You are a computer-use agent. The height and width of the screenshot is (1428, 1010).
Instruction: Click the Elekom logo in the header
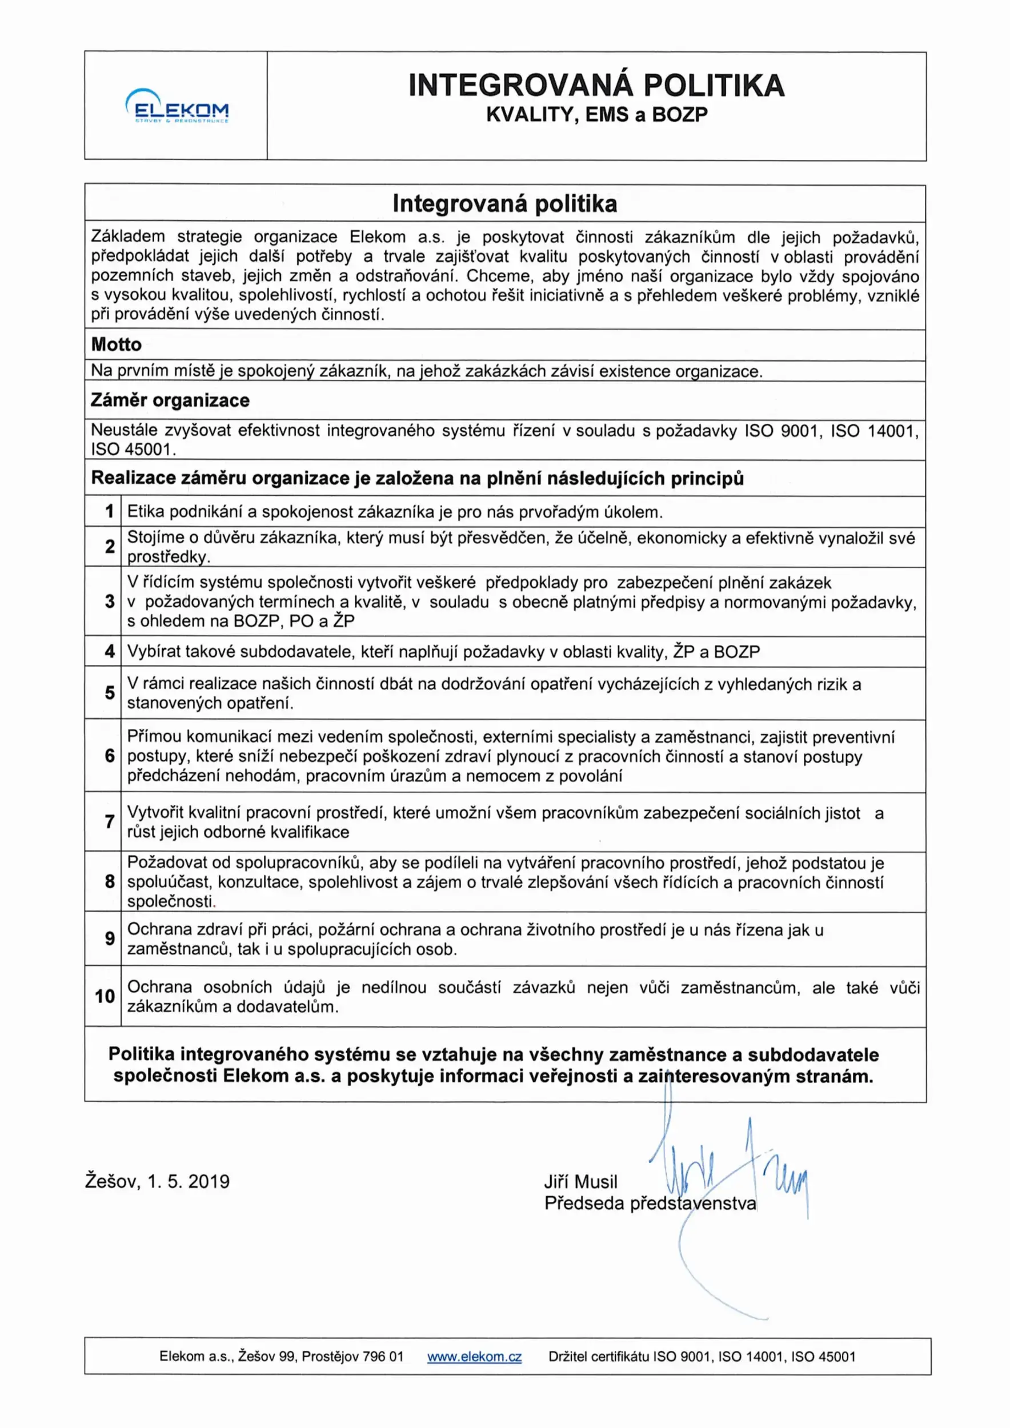(177, 106)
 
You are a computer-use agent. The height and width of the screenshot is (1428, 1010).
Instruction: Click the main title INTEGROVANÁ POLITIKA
(596, 85)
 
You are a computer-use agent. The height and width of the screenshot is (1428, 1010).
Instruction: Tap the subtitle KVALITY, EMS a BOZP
(596, 115)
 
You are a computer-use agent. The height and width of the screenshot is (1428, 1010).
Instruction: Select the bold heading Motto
(117, 344)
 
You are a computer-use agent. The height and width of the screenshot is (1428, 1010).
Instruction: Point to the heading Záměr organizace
(170, 400)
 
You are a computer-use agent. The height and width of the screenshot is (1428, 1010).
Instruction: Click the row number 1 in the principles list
(110, 511)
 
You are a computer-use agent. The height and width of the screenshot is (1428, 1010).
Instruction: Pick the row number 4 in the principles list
(110, 651)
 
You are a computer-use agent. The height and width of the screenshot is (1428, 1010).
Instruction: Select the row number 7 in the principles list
(110, 821)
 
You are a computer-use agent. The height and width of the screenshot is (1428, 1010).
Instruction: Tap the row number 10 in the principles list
(105, 996)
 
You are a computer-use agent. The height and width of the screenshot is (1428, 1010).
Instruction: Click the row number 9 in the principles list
(110, 938)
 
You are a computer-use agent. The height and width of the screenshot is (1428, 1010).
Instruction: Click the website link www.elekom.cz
(474, 1357)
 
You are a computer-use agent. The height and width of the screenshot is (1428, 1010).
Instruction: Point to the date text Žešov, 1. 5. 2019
(157, 1182)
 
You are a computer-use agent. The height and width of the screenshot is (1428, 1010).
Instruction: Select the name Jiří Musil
(580, 1182)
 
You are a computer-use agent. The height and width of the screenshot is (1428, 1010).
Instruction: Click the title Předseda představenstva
(650, 1204)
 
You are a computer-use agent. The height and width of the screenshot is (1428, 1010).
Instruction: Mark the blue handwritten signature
(728, 1176)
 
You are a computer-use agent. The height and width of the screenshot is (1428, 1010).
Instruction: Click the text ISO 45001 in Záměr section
(132, 450)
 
